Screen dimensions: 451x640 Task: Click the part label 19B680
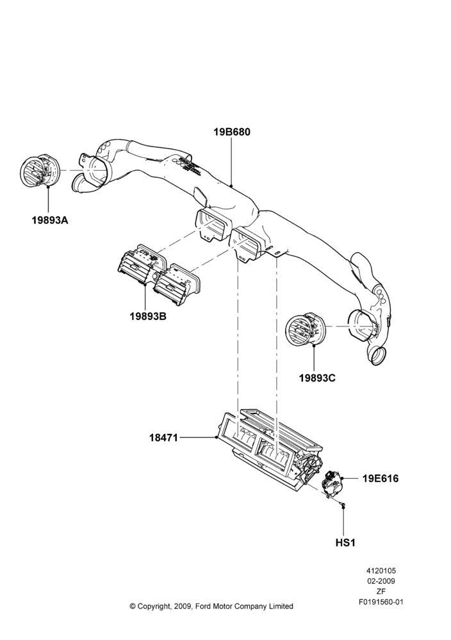click(232, 132)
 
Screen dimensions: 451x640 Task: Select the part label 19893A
click(50, 220)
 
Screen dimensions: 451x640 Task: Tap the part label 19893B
click(148, 316)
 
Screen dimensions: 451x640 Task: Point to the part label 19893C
click(317, 378)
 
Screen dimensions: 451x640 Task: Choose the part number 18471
click(163, 438)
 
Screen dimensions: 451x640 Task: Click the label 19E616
click(381, 478)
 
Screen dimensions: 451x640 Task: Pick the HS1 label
click(345, 543)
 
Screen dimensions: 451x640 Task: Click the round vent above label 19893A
click(40, 172)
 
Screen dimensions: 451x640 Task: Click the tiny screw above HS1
click(343, 506)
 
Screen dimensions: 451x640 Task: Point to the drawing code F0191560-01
click(381, 602)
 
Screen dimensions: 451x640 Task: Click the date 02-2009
click(381, 581)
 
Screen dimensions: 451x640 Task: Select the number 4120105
click(381, 571)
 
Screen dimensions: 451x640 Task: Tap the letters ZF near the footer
click(381, 591)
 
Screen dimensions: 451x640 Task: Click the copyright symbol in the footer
click(133, 606)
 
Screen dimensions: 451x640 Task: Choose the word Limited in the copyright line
click(281, 606)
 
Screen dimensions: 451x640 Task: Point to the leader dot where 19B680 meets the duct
click(232, 186)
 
